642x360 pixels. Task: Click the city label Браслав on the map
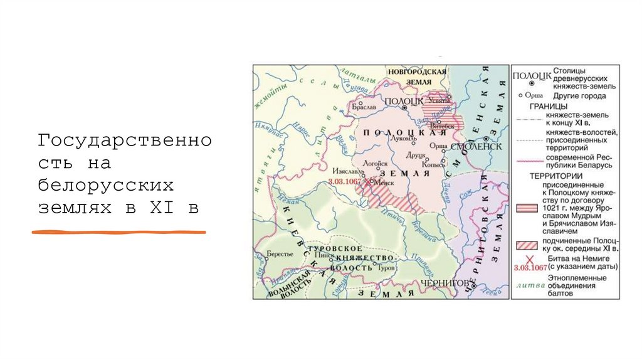point(363,107)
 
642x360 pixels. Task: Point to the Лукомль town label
point(399,137)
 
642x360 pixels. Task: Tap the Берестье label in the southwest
point(280,253)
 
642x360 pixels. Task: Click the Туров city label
point(387,268)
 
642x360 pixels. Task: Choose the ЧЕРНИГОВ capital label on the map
point(445,283)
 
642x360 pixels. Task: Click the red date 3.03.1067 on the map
point(345,181)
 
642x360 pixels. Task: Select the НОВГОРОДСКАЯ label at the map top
point(416,72)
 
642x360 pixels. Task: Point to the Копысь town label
point(433,164)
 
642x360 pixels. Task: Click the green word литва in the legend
point(527,285)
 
